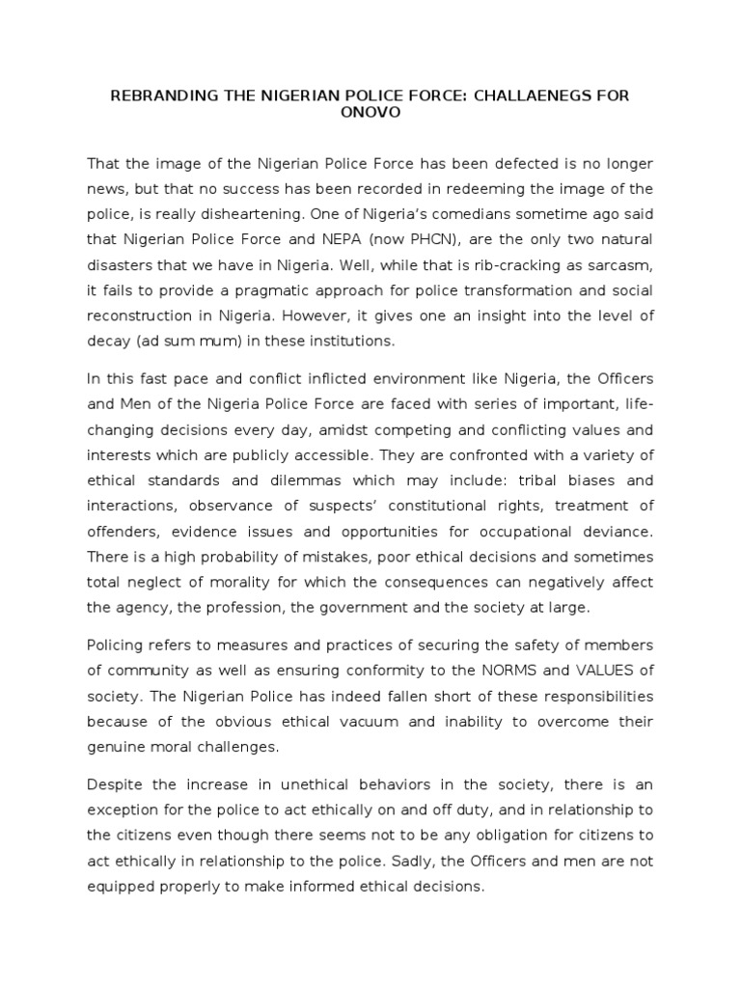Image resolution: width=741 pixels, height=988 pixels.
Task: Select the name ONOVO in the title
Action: tap(370, 112)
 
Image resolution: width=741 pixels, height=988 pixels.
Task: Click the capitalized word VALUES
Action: tap(595, 670)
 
